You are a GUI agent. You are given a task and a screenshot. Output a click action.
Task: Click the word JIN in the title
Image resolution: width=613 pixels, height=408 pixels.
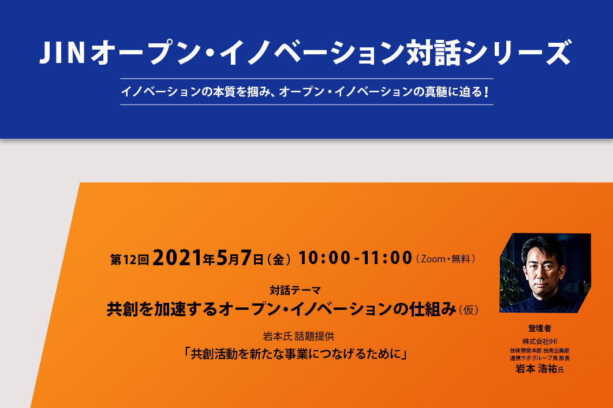pyautogui.click(x=62, y=53)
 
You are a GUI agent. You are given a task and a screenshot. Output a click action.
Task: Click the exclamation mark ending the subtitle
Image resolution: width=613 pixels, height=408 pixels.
pyautogui.click(x=486, y=92)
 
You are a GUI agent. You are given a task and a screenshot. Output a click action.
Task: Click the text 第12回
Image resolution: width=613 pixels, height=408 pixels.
pyautogui.click(x=129, y=259)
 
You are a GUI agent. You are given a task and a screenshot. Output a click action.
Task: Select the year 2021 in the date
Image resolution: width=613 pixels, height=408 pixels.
pyautogui.click(x=177, y=258)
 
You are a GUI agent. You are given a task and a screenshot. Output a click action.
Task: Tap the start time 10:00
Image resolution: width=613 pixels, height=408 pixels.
pyautogui.click(x=324, y=258)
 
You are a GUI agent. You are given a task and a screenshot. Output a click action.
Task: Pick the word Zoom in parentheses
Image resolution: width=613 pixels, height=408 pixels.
pyautogui.click(x=433, y=259)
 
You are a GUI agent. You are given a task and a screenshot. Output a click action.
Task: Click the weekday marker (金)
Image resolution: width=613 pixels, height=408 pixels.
pyautogui.click(x=278, y=259)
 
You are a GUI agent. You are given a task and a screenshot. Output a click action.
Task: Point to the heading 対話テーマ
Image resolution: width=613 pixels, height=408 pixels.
pyautogui.click(x=295, y=290)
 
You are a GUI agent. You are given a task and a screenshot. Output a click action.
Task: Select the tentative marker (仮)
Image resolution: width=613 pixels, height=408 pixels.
pyautogui.click(x=468, y=310)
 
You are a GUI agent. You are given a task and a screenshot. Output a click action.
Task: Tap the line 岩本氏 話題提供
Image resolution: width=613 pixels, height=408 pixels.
pyautogui.click(x=298, y=336)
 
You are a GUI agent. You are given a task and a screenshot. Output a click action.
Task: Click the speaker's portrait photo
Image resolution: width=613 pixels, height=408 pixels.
pyautogui.click(x=545, y=273)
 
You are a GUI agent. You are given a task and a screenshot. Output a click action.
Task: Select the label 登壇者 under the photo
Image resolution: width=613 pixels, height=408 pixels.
pyautogui.click(x=540, y=328)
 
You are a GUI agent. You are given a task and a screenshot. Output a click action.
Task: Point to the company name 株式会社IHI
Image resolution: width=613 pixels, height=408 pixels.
pyautogui.click(x=540, y=342)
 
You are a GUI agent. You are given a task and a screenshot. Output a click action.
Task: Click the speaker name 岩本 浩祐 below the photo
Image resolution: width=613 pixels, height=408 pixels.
pyautogui.click(x=536, y=369)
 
